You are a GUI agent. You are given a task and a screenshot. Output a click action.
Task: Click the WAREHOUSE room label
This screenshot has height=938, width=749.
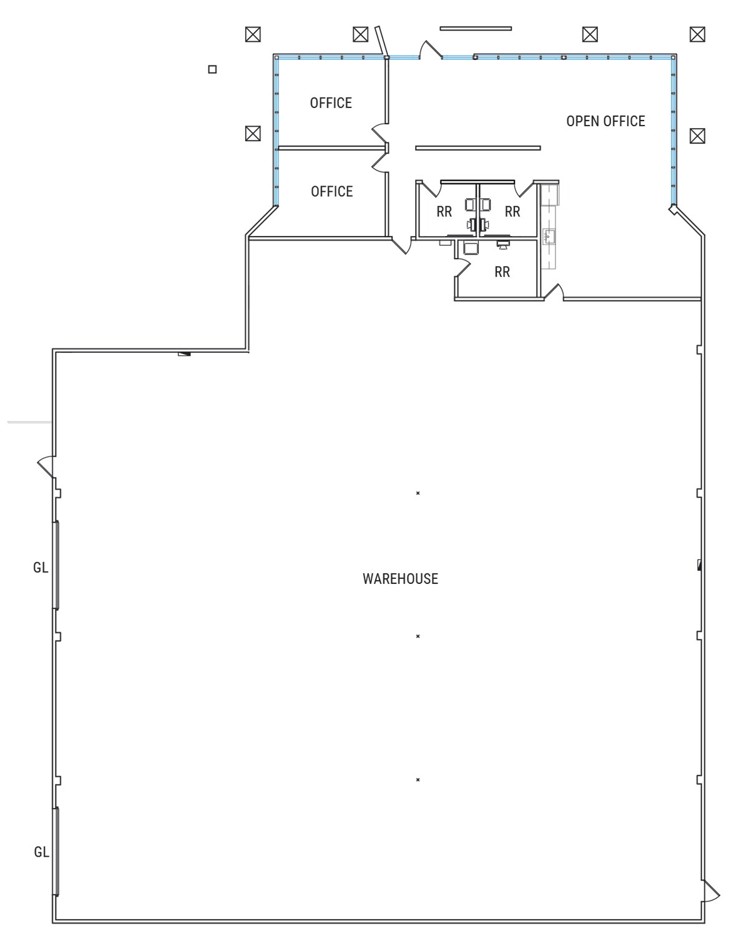pos(400,579)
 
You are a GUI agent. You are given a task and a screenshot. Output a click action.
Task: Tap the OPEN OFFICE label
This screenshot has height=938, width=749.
pos(605,121)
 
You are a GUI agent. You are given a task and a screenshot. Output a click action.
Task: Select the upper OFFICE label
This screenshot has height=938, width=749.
pos(331,103)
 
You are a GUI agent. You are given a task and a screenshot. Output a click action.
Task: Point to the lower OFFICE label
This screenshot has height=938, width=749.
pos(331,192)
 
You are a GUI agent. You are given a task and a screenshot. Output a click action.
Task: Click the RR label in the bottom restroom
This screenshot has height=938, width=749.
pos(502,272)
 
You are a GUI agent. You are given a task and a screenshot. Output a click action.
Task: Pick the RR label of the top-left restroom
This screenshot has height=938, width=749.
pos(444,212)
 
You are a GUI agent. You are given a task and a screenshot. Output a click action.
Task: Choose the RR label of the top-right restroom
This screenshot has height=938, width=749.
pos(512,212)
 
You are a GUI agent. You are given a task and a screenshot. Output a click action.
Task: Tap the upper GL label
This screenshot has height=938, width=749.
pos(41,568)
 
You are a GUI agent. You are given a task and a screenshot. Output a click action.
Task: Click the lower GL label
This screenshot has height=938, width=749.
pos(41,852)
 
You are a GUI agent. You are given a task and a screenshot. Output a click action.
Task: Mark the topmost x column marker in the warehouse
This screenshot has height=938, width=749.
pos(418,493)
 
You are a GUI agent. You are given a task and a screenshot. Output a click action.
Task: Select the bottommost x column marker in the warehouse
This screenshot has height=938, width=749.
pos(418,780)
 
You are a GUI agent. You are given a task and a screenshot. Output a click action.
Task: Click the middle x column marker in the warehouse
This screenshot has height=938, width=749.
pos(418,636)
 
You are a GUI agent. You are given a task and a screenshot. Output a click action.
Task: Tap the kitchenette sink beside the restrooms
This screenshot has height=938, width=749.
pos(549,236)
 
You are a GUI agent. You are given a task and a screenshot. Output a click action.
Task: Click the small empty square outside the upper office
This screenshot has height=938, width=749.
pos(212,69)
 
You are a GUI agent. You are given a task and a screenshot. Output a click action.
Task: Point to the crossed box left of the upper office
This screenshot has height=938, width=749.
pos(252,133)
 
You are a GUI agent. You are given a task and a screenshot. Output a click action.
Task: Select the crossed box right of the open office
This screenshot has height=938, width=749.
pos(697,136)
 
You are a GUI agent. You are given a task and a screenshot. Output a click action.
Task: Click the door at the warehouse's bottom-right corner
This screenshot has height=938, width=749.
pos(710,891)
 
